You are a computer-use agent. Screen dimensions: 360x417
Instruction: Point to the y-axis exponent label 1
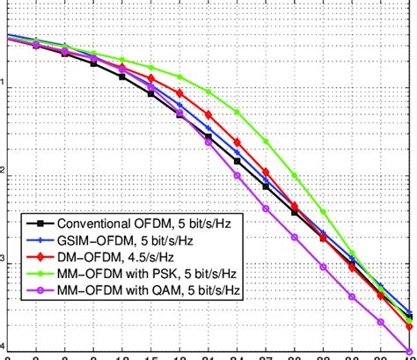(4, 84)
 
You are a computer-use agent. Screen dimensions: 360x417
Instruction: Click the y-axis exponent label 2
(4, 172)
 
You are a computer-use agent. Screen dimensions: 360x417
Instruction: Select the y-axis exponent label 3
(4, 260)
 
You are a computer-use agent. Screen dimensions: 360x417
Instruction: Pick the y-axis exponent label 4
(4, 347)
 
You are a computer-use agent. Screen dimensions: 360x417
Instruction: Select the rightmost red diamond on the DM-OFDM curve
(409, 320)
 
